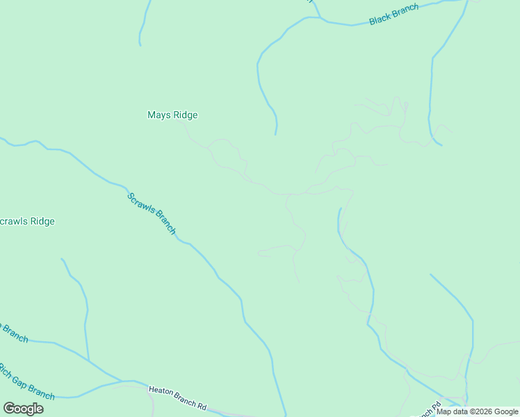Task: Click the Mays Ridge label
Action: [x=172, y=115]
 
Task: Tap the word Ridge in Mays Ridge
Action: [x=185, y=115]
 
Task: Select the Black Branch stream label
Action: [x=394, y=15]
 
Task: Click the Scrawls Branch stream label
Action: [x=152, y=213]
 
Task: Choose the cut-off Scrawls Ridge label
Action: [x=26, y=222]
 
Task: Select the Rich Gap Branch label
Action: [x=26, y=382]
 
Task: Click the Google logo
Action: [x=23, y=409]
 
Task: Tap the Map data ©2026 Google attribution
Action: [x=478, y=411]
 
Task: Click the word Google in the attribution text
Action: [x=506, y=411]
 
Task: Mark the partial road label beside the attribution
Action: [x=429, y=410]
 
